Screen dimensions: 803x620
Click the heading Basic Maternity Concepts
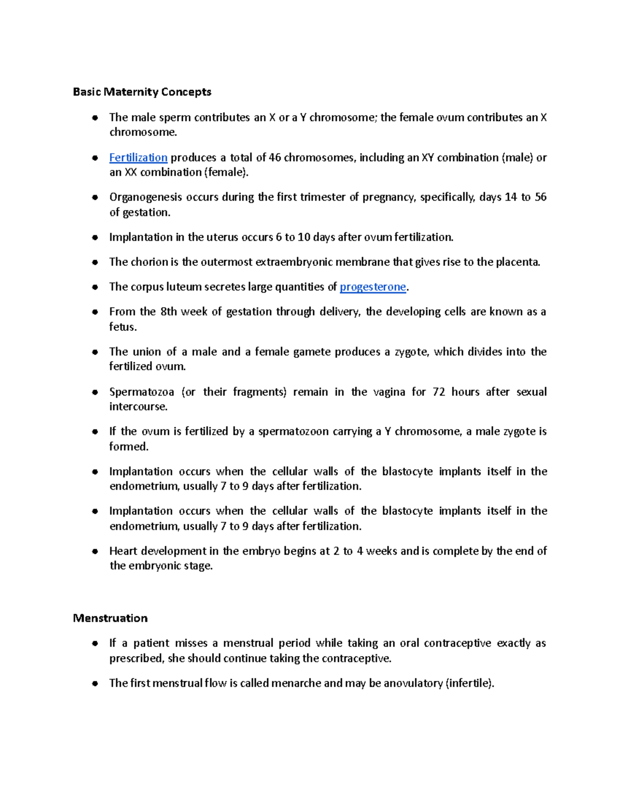tap(142, 92)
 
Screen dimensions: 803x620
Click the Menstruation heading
tap(110, 618)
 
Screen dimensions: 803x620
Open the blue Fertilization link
tap(138, 158)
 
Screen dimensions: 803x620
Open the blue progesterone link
tap(373, 287)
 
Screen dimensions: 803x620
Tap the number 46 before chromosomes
tap(275, 158)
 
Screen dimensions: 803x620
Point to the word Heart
tap(123, 551)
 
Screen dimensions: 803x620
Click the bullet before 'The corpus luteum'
tap(95, 287)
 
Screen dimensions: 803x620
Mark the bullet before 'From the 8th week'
tap(95, 312)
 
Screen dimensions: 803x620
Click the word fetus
tap(122, 327)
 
